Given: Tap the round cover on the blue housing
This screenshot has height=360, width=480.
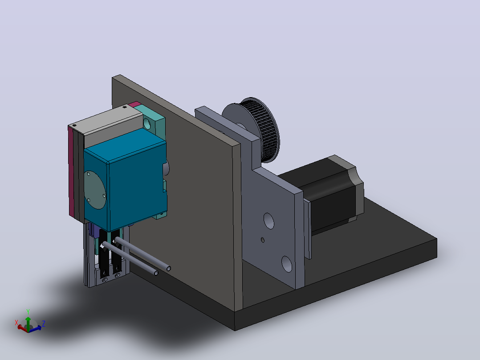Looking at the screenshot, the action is (x=94, y=190).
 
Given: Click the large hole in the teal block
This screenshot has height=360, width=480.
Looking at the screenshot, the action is (x=147, y=123).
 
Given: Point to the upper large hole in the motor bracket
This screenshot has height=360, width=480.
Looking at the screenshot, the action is (x=268, y=221).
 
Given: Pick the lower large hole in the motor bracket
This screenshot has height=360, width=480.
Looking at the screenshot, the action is (x=287, y=264).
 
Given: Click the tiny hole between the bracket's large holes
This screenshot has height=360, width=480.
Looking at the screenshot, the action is (x=263, y=240).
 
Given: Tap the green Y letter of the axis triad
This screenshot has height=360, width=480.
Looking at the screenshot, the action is (x=28, y=312).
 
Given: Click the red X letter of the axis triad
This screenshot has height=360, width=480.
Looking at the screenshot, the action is (x=16, y=323).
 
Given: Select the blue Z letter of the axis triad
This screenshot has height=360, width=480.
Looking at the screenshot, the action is (x=44, y=323).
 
